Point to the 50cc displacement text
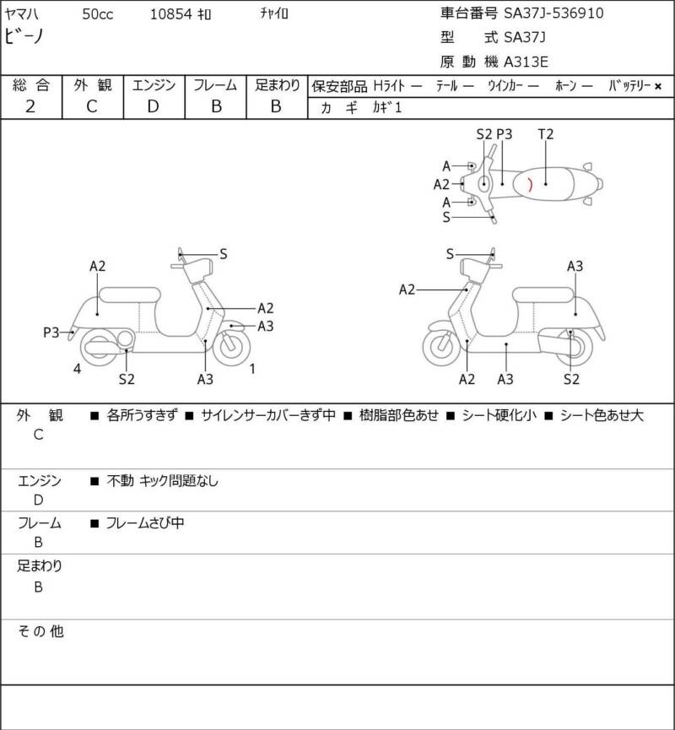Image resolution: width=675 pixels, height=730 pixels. (x=100, y=14)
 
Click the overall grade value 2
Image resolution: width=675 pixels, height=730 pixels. (x=30, y=106)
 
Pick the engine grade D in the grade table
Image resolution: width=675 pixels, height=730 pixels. (x=153, y=106)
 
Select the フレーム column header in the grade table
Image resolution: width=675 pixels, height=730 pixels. (x=215, y=85)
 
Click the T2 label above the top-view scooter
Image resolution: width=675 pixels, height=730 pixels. (x=546, y=134)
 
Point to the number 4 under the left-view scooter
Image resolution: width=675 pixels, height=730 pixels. (x=77, y=368)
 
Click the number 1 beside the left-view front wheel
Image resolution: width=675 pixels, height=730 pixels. (x=252, y=368)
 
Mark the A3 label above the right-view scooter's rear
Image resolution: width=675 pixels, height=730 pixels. (x=575, y=267)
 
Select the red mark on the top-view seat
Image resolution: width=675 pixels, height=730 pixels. (x=528, y=182)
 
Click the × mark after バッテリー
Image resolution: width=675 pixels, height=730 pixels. (x=658, y=86)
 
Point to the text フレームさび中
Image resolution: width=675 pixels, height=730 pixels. (x=145, y=523)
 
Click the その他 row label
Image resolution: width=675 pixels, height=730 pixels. (x=41, y=630)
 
